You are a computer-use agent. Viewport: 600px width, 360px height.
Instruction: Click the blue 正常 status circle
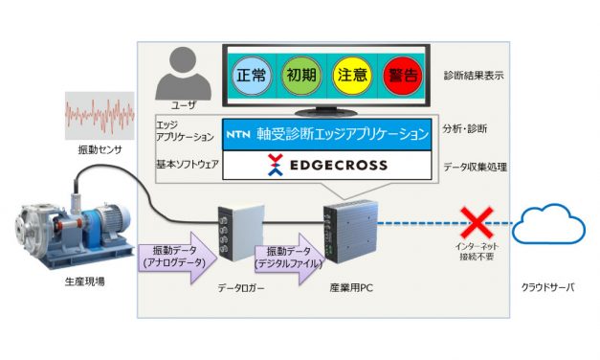pos(253,77)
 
